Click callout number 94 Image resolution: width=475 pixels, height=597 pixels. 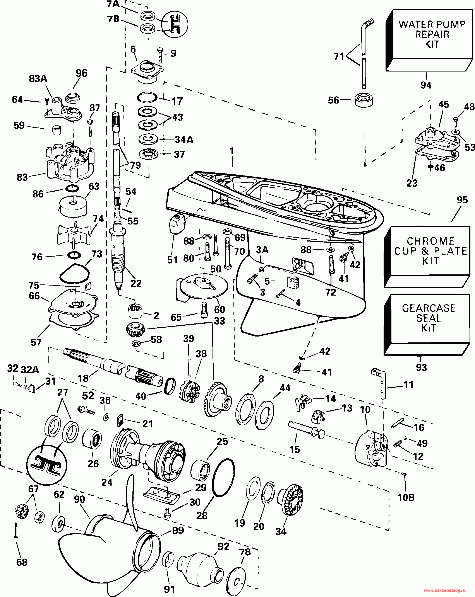(x=426, y=85)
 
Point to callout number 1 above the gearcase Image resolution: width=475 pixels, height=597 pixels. (x=232, y=151)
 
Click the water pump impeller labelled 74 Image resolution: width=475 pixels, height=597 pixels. (x=74, y=235)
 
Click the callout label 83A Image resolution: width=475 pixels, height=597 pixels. (x=38, y=79)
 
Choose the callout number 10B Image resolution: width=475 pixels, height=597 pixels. (x=406, y=498)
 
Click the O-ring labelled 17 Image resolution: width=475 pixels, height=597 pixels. (x=147, y=97)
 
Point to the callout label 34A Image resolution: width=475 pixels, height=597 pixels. (x=184, y=139)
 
